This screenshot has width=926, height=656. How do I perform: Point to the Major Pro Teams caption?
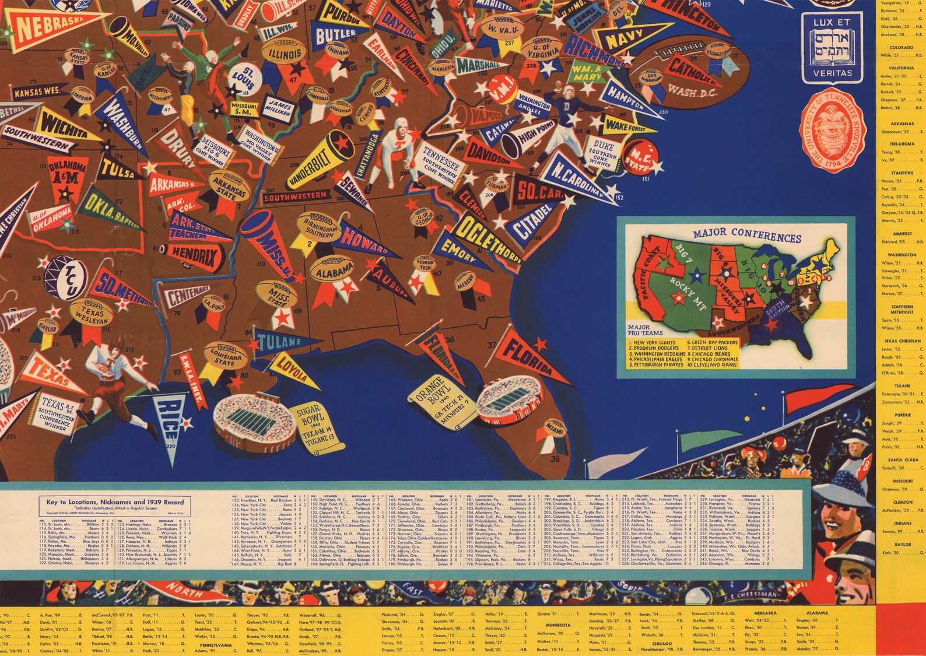(x=646, y=331)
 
